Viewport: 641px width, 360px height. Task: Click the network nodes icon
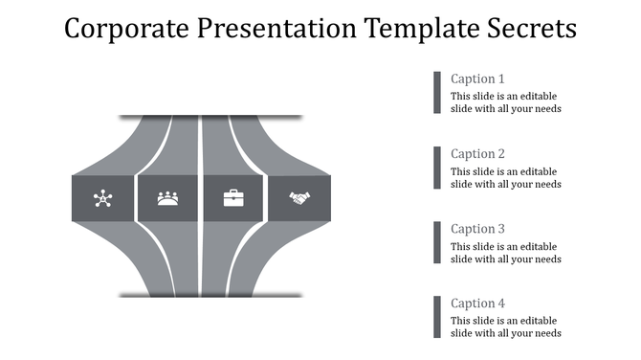point(102,199)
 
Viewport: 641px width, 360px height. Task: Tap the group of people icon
point(168,199)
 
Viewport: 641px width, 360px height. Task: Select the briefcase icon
point(233,198)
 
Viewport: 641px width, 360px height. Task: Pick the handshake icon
point(300,198)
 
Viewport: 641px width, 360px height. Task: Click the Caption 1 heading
point(477,79)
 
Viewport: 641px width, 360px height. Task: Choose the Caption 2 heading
point(477,154)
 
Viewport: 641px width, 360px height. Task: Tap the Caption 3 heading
point(477,229)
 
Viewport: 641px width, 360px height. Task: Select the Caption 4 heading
point(477,304)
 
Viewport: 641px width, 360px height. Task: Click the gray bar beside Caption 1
point(437,92)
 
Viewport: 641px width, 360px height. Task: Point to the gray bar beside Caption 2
point(437,167)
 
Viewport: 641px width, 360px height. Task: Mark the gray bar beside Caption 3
point(437,241)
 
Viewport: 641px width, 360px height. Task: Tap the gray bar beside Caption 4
point(437,316)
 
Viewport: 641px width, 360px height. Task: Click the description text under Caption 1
point(505,102)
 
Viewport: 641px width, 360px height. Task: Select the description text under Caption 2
point(505,177)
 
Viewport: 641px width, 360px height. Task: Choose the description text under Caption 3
point(505,252)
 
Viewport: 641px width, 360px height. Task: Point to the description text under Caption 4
point(505,326)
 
